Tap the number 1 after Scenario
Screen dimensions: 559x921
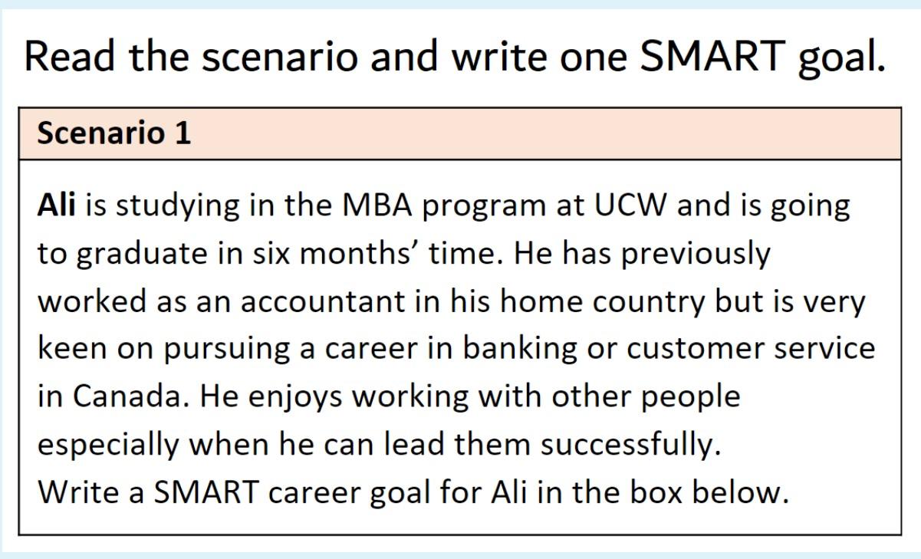[183, 133]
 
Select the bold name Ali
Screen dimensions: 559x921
[56, 206]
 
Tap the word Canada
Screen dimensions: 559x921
[123, 396]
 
